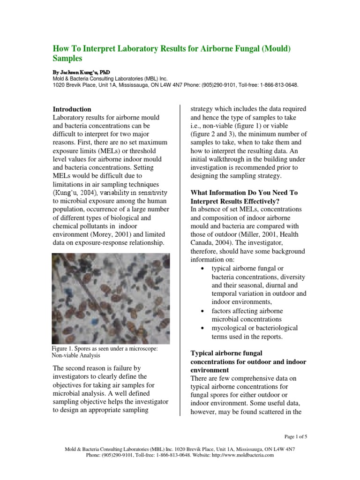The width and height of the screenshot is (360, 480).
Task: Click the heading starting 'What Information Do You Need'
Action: pyautogui.click(x=244, y=193)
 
